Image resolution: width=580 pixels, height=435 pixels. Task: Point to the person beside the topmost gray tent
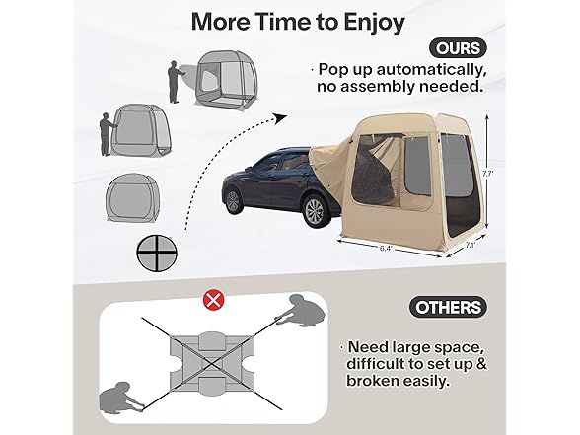tap(175, 87)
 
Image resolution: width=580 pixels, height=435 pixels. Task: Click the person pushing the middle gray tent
tap(105, 131)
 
